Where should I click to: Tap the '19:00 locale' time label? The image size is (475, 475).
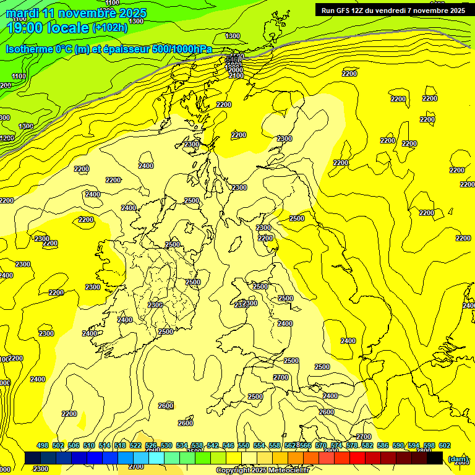point(48,27)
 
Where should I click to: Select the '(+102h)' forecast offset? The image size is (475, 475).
point(110,27)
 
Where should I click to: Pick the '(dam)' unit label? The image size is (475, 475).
point(458,458)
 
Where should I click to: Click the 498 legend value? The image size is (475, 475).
point(43,445)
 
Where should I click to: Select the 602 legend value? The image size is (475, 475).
point(445,445)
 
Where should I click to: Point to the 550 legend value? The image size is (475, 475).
point(244,445)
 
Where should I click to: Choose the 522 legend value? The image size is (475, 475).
point(135,445)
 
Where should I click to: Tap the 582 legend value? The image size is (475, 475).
point(367,445)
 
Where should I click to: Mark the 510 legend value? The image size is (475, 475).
point(89,445)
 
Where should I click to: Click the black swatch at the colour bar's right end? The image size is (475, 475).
point(435,458)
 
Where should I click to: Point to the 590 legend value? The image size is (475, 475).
point(398,445)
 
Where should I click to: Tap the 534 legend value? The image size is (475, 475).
point(182,445)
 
